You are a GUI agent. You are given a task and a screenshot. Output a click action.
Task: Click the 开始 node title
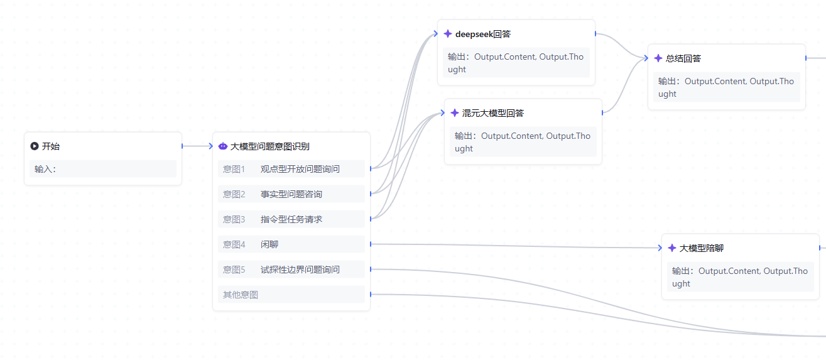(x=51, y=146)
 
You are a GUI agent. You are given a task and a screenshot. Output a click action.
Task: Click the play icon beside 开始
(x=35, y=146)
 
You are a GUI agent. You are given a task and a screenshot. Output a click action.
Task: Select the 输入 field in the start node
(x=102, y=169)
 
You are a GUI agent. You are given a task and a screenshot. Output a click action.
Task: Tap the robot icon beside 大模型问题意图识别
(x=223, y=146)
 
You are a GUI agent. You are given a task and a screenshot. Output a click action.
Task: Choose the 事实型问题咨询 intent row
(x=291, y=194)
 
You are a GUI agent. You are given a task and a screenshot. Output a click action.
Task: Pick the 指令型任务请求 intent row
(x=291, y=219)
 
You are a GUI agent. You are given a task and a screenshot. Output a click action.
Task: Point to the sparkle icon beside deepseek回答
(x=448, y=34)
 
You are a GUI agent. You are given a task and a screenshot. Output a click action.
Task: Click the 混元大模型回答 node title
(x=493, y=113)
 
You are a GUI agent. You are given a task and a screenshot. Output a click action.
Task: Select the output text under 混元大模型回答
(x=523, y=142)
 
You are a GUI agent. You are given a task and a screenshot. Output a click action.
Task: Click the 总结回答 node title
(x=683, y=58)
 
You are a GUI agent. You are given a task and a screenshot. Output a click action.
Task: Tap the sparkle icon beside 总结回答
(x=658, y=58)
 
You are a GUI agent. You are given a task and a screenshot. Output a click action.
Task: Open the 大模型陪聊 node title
(x=702, y=248)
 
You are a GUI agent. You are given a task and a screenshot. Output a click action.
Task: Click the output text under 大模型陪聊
(x=740, y=277)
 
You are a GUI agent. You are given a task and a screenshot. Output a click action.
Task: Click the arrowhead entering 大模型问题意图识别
(x=210, y=146)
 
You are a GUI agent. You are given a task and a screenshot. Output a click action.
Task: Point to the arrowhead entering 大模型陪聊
(x=660, y=248)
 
